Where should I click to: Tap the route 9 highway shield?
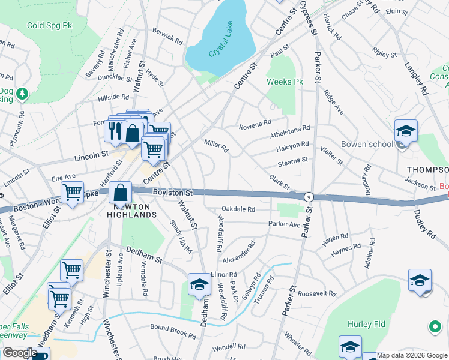(309, 196)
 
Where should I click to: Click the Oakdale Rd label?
(238, 209)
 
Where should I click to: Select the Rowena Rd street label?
(255, 124)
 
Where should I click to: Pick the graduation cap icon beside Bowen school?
(406, 131)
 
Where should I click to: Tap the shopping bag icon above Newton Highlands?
(121, 193)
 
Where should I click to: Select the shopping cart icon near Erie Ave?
(72, 193)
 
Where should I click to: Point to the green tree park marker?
(22, 94)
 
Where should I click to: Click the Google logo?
(20, 353)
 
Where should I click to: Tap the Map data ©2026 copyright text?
(412, 355)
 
